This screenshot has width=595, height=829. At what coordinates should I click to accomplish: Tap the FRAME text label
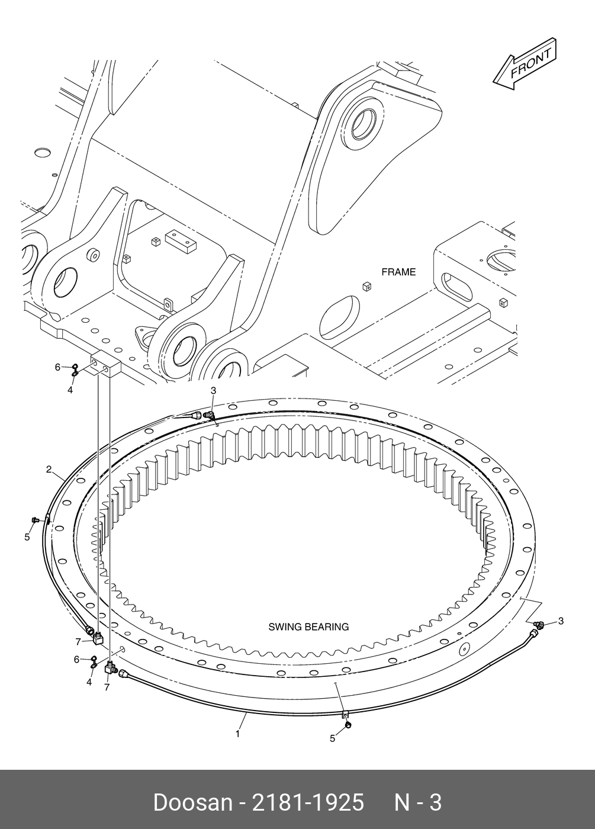tap(398, 272)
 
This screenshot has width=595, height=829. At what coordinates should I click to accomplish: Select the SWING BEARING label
tap(308, 626)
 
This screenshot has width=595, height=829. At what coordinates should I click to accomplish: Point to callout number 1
tap(237, 734)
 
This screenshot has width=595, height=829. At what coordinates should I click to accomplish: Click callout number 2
tap(49, 470)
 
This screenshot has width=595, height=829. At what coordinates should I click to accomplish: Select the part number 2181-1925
tap(308, 802)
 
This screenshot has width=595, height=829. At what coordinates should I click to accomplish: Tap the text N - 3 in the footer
tap(418, 802)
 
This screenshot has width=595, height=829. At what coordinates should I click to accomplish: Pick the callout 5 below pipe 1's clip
tap(333, 738)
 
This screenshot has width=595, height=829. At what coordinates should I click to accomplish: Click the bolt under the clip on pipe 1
tap(348, 725)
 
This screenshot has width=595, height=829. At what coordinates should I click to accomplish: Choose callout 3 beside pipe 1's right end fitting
tap(561, 621)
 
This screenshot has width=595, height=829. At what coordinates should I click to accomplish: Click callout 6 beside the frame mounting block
tap(58, 367)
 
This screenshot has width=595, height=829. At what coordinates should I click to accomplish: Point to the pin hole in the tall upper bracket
tap(363, 122)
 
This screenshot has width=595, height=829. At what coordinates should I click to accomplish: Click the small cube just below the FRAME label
tap(366, 287)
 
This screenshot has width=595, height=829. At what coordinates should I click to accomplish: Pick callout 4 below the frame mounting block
tap(70, 390)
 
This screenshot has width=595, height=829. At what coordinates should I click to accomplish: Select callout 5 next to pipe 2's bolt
tap(27, 538)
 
